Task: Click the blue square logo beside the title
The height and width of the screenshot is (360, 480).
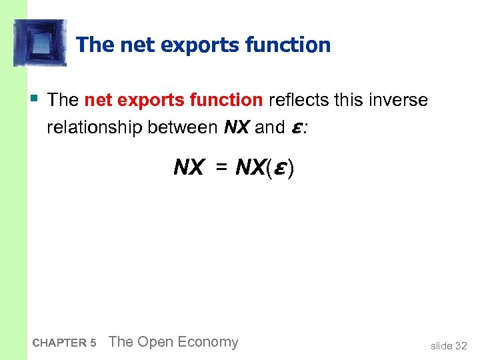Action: (39, 43)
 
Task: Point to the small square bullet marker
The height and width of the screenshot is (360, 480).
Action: (33, 98)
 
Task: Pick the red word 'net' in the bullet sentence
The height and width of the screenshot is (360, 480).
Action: (99, 101)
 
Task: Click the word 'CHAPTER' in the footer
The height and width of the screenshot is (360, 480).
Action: (59, 343)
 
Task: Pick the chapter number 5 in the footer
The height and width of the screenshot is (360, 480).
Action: (93, 343)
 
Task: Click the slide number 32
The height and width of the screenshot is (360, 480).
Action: (461, 345)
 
